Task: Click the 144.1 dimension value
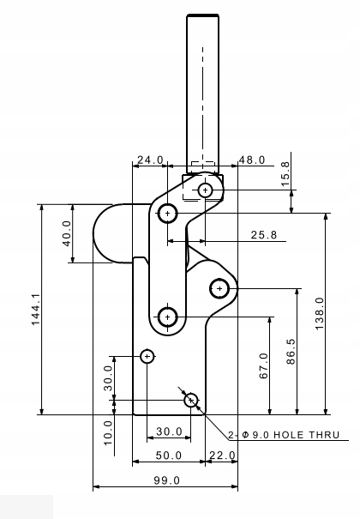pos(36,310)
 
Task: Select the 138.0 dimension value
pos(320,313)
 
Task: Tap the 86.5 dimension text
pos(291,352)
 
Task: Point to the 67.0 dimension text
pos(264,365)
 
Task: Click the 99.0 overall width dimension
pos(167,480)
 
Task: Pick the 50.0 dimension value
pos(169,456)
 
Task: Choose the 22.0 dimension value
pos(223,456)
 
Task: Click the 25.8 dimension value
pos(263,235)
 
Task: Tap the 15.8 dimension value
pos(285,174)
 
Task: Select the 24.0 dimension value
pos(150,160)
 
